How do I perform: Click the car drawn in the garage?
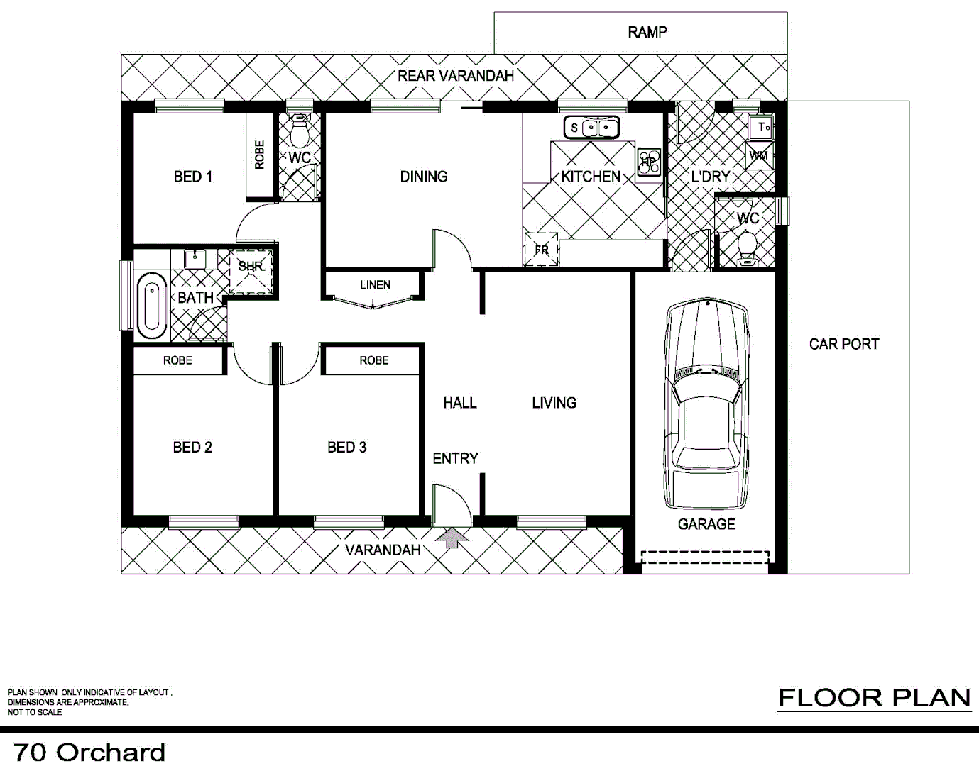[x=706, y=404]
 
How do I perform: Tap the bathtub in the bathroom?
[x=151, y=306]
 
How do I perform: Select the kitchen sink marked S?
[x=591, y=128]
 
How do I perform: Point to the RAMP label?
[x=647, y=32]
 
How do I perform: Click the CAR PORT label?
[x=843, y=344]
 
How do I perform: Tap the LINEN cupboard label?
[x=375, y=285]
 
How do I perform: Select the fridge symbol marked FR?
[x=541, y=249]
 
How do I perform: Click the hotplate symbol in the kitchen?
[x=649, y=162]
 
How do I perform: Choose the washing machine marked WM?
[x=758, y=155]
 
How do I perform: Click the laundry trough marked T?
[x=762, y=128]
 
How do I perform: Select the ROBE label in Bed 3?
[x=373, y=360]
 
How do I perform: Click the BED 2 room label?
[x=192, y=448]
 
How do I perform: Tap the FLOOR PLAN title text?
[x=874, y=698]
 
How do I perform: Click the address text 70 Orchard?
[x=89, y=752]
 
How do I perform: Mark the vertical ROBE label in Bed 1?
[x=259, y=155]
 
